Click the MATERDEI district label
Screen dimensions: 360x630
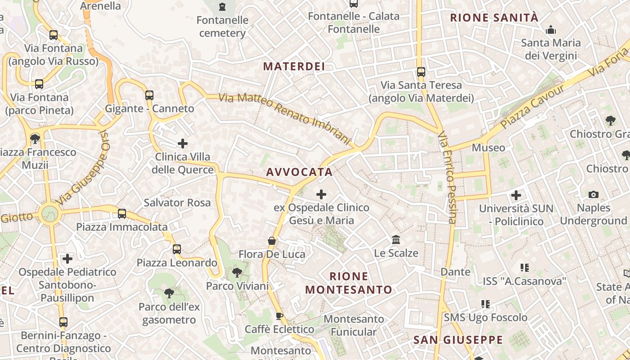[294, 67]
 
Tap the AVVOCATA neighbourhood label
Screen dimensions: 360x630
[299, 172]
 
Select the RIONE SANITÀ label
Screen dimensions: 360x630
[494, 18]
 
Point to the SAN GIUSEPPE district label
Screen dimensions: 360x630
[458, 340]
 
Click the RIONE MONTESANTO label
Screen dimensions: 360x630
[349, 283]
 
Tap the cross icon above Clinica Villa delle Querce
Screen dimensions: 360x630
[183, 144]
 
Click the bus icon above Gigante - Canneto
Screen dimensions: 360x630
[149, 95]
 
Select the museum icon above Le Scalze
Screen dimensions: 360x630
[396, 239]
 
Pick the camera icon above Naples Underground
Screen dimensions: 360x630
[594, 195]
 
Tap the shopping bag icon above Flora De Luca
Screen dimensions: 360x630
[272, 241]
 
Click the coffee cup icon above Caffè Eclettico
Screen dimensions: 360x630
[279, 316]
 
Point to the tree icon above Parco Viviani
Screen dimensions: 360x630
[237, 272]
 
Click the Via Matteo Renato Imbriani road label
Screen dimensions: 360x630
[284, 118]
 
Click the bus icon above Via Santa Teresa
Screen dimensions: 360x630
[421, 72]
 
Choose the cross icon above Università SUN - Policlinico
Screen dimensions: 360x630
[516, 195]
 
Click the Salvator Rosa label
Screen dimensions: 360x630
[177, 202]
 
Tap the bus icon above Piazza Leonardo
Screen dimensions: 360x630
[177, 249]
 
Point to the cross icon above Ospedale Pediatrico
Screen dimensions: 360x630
[67, 259]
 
